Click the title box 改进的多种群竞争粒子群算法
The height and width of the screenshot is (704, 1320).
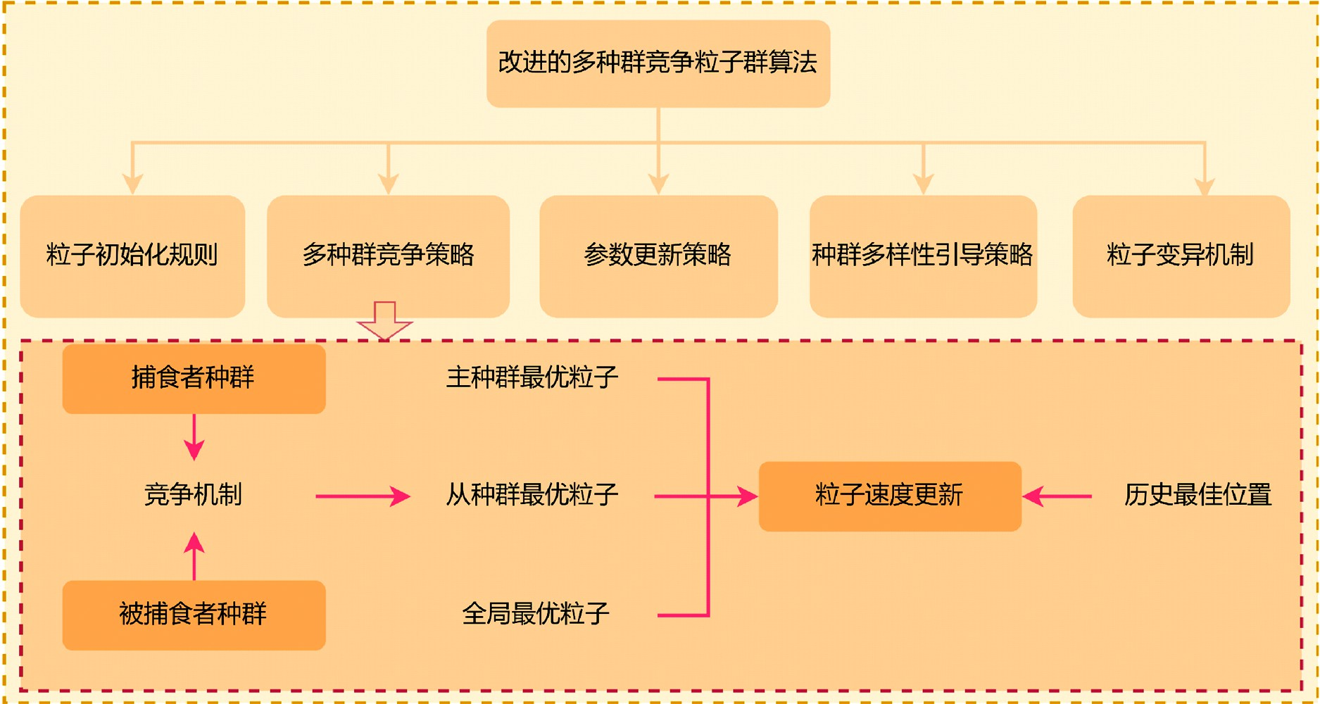coord(658,63)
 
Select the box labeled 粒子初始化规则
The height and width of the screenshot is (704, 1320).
coord(132,256)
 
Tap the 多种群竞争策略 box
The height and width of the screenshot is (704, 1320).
coord(388,256)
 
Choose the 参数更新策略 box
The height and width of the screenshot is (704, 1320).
coord(658,256)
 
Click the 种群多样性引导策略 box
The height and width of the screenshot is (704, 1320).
coord(923,256)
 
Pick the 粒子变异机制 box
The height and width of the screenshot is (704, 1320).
coord(1181,256)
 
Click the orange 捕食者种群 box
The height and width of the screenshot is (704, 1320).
coord(194,379)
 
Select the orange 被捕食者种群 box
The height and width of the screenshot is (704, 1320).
coord(194,615)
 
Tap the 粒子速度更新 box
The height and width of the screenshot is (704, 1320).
coord(890,496)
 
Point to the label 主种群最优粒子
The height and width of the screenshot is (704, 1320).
coord(532,378)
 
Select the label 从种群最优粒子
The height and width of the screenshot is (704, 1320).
coord(532,496)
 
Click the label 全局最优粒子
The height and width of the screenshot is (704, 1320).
coord(535,615)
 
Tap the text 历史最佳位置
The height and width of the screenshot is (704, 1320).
coord(1198,496)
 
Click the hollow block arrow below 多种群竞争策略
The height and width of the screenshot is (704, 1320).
coord(384,321)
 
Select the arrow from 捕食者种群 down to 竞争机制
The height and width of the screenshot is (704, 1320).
coord(194,437)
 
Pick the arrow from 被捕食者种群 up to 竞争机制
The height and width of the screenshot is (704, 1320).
coord(194,555)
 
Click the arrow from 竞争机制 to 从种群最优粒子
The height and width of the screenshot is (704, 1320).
coord(363,496)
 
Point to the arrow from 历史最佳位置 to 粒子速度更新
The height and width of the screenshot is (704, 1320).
coord(1057,496)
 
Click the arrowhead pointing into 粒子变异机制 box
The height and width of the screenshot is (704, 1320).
coord(1205,186)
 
